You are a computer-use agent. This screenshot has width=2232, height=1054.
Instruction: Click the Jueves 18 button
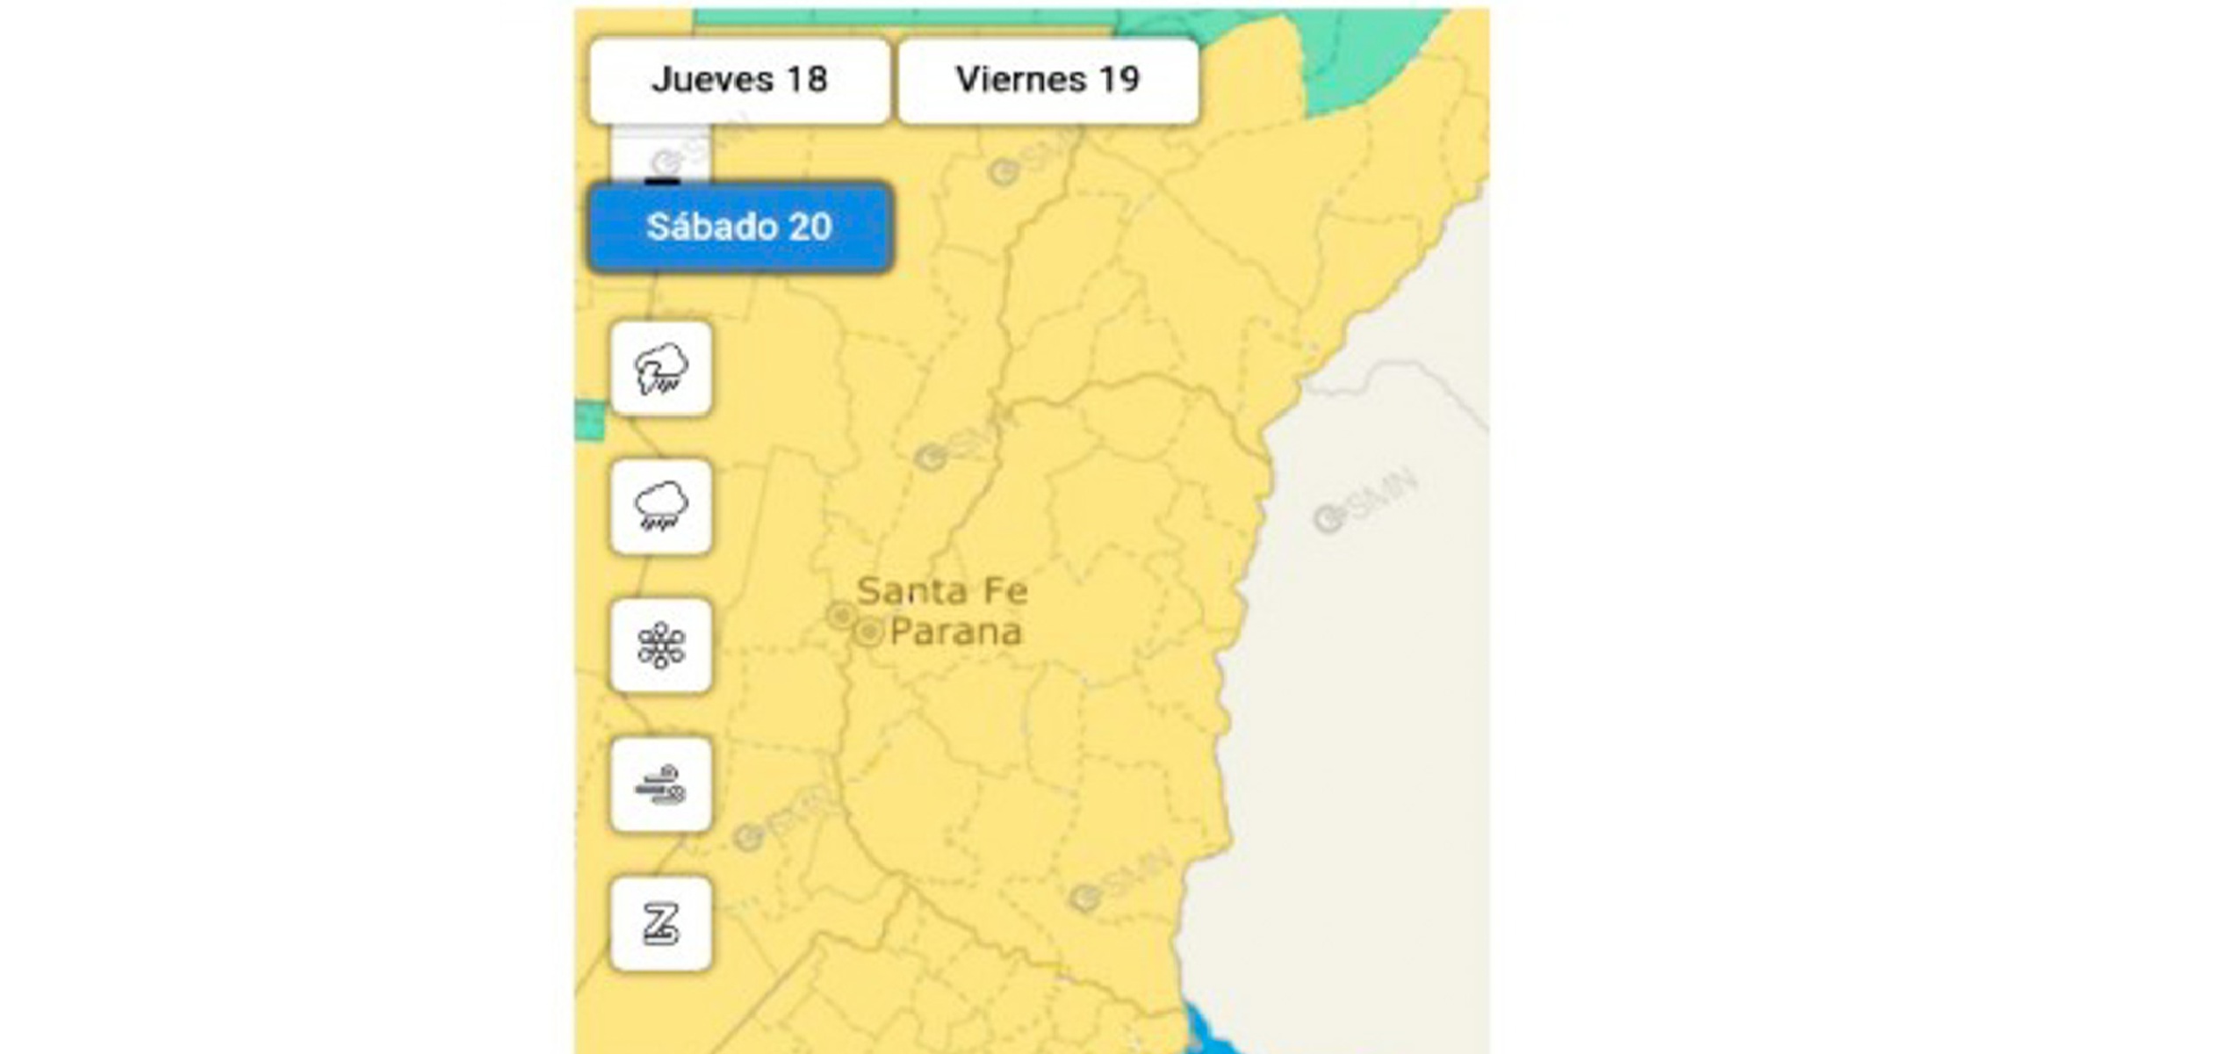(x=739, y=80)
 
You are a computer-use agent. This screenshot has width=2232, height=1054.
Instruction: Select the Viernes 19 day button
(x=1048, y=80)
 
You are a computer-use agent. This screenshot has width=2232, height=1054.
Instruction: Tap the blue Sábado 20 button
(x=739, y=227)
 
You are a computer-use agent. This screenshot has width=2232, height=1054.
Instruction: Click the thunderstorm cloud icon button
(x=661, y=369)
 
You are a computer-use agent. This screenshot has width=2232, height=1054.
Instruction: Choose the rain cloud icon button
(x=661, y=507)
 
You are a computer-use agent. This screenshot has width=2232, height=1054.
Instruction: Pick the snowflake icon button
(x=661, y=646)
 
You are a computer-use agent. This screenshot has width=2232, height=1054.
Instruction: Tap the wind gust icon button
(x=661, y=784)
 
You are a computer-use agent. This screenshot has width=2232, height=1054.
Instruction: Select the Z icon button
(x=661, y=923)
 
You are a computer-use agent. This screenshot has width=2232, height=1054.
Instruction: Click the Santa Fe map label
(x=942, y=591)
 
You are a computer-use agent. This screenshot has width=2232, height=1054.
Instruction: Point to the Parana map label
(x=956, y=632)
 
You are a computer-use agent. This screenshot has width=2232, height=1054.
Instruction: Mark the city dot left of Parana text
(x=868, y=632)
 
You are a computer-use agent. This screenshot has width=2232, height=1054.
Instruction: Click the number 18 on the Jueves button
(x=806, y=80)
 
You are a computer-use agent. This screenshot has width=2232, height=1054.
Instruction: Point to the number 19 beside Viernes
(x=1119, y=80)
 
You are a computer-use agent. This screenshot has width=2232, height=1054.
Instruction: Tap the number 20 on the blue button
(x=810, y=227)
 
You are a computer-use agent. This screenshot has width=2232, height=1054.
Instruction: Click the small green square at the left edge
(x=590, y=421)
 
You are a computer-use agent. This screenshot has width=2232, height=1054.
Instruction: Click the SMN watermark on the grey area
(x=1365, y=502)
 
